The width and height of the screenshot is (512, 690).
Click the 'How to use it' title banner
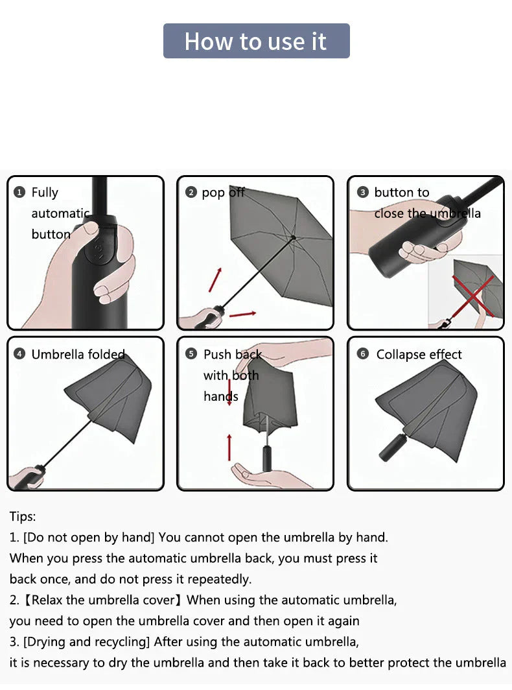(256, 41)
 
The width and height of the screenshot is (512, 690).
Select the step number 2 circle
(191, 193)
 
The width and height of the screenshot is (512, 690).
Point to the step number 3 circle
(362, 193)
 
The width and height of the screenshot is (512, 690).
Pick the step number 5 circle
(191, 354)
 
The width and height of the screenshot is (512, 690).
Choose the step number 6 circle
(362, 354)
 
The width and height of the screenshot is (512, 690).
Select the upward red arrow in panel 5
(229, 447)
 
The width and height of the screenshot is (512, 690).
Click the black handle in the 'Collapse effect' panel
(393, 447)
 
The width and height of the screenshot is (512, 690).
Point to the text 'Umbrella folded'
(78, 354)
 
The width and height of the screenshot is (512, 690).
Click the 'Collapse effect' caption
(419, 355)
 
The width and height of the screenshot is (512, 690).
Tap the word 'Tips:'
(23, 517)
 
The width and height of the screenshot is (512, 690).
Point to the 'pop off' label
(223, 193)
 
